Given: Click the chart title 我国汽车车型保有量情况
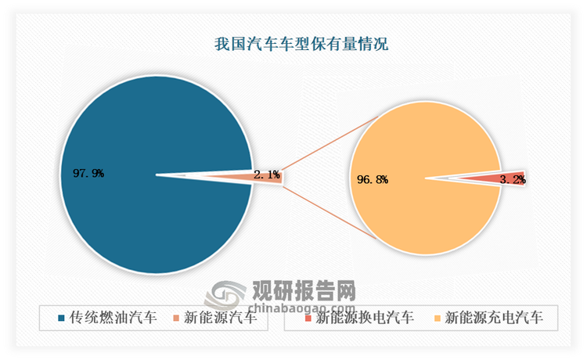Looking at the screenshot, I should pyautogui.click(x=301, y=44).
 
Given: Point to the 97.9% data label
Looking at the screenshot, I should pyautogui.click(x=88, y=172).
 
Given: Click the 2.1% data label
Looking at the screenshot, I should pyautogui.click(x=268, y=175).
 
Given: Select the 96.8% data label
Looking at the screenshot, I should pyautogui.click(x=373, y=179).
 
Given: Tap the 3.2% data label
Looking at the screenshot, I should pyautogui.click(x=513, y=179).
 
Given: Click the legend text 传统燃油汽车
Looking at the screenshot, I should pyautogui.click(x=113, y=319).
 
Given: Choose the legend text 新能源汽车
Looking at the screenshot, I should pyautogui.click(x=223, y=319).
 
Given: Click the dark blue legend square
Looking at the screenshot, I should pyautogui.click(x=61, y=319).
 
